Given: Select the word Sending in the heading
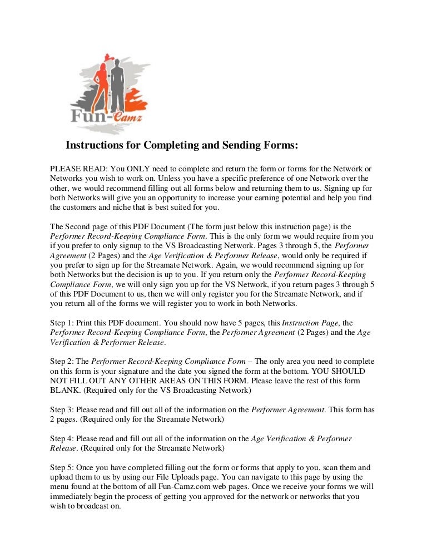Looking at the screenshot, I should point(237,146).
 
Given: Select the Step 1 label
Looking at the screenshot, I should point(62,323).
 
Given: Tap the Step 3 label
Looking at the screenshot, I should point(62,410).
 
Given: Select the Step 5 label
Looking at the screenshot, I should point(62,468).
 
